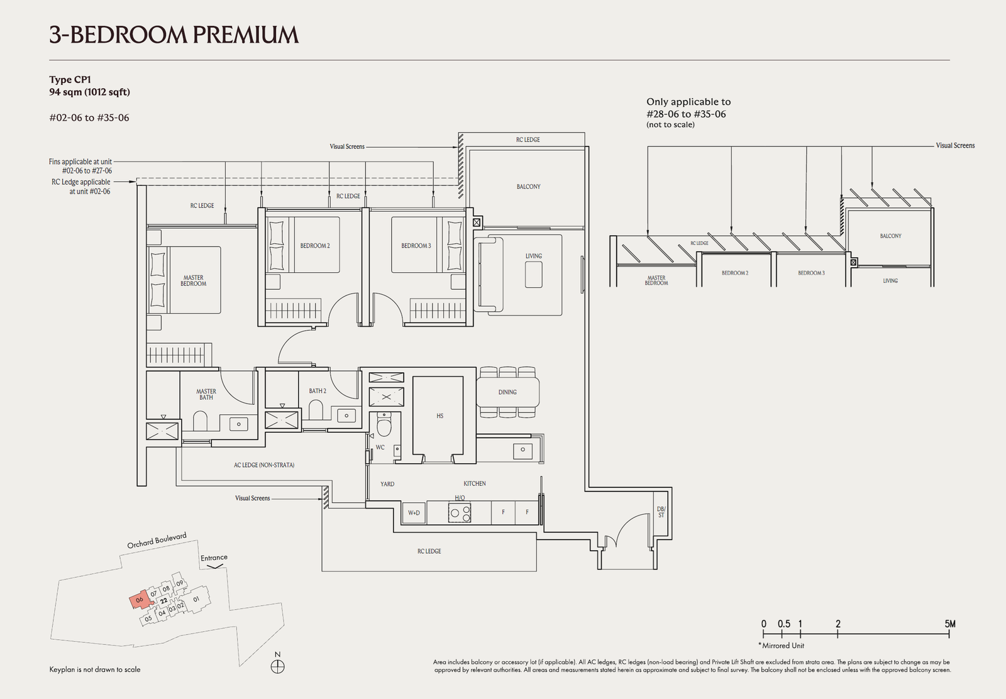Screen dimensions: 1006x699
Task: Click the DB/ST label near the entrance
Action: (661, 512)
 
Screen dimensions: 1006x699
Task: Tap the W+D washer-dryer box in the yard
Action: (414, 513)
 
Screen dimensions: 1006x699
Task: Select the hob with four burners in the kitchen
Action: (460, 513)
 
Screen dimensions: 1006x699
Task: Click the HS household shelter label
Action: (439, 416)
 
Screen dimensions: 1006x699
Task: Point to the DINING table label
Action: (507, 392)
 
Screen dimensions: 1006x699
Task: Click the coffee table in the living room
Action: (534, 274)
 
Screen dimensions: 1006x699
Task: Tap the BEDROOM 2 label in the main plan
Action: (315, 246)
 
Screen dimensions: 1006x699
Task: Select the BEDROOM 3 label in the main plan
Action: (416, 246)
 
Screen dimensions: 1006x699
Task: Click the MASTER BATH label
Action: (206, 394)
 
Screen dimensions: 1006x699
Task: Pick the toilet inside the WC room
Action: (384, 425)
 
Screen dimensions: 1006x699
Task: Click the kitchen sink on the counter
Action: (522, 450)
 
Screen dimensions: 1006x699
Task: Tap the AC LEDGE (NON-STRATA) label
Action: (264, 465)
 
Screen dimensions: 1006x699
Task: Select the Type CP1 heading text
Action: (70, 80)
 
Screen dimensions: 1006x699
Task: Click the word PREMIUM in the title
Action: (246, 35)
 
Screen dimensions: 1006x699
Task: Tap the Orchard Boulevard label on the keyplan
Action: (157, 541)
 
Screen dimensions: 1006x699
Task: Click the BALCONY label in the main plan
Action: (528, 187)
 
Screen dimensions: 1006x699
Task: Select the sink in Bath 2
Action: (346, 416)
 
